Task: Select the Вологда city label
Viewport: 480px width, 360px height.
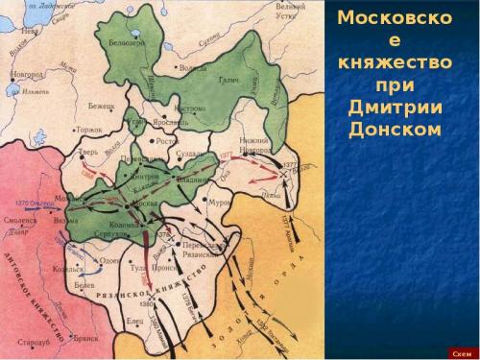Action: [x=194, y=68]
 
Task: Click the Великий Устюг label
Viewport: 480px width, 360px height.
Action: [x=290, y=11]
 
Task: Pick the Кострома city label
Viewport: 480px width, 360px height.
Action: [x=190, y=109]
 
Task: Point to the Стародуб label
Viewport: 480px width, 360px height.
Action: [x=32, y=341]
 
